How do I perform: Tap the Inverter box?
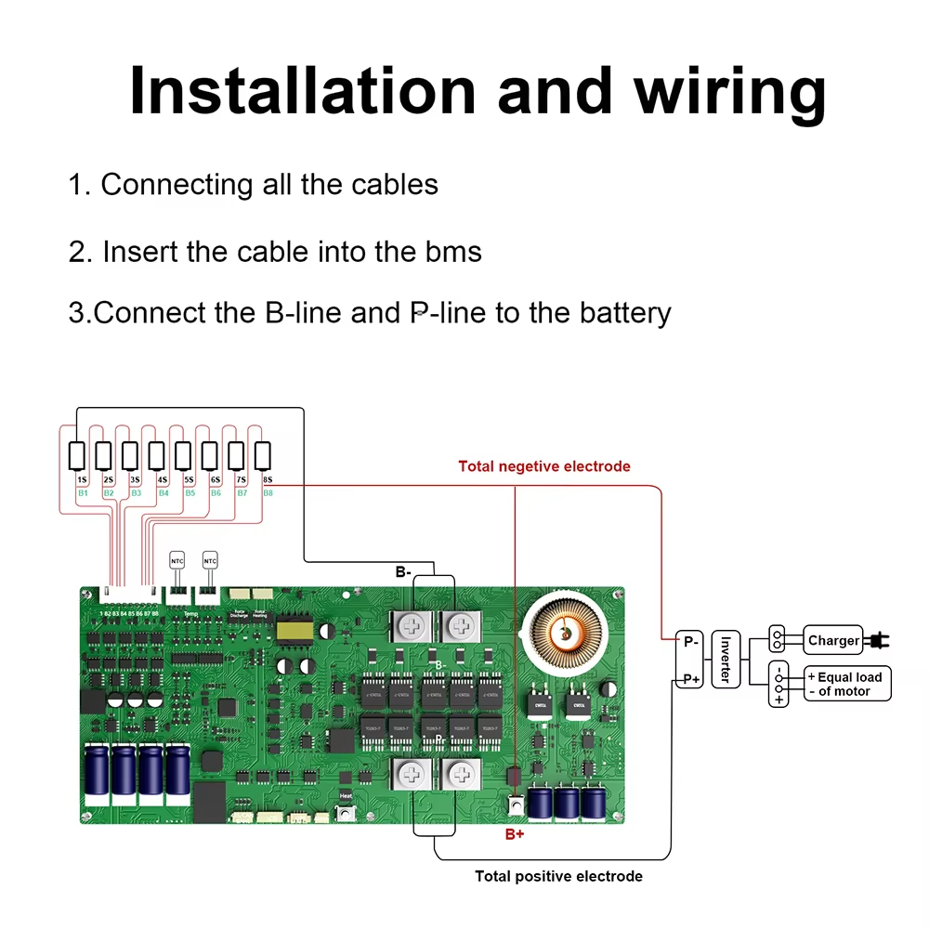coord(725,660)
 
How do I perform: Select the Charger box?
coord(833,640)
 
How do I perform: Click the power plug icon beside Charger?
coord(875,640)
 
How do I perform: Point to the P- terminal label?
coord(690,641)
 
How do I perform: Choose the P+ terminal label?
coord(690,679)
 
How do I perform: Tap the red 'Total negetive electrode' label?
coord(544,466)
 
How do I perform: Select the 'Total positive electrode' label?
coord(558,876)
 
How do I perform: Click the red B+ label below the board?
coord(515,835)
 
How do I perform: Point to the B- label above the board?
coord(403,572)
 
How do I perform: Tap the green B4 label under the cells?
coord(164,492)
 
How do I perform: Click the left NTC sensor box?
coord(177,561)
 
